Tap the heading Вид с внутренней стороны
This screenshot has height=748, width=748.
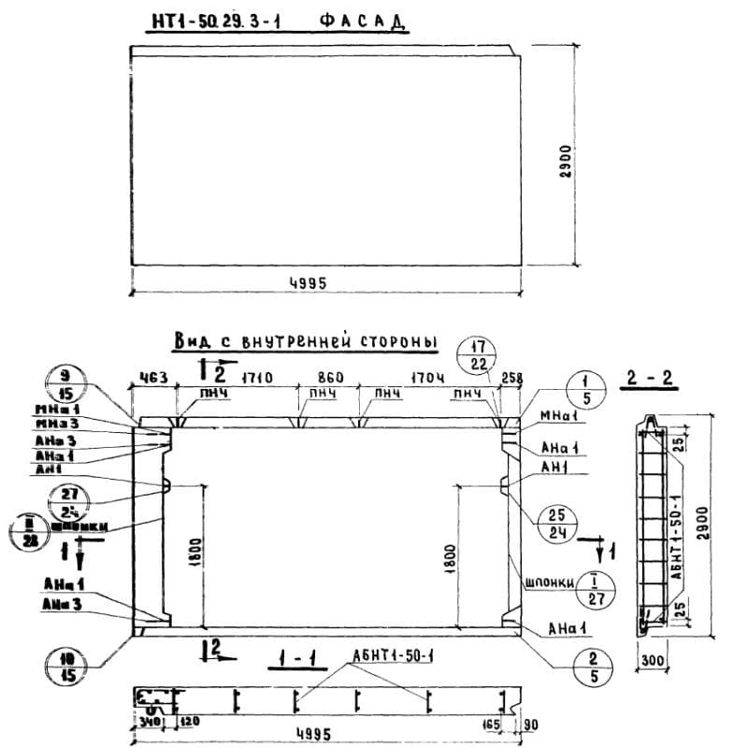pyautogui.click(x=305, y=342)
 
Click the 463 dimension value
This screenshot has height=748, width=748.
pyautogui.click(x=153, y=378)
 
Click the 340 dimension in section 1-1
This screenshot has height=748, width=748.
pyautogui.click(x=145, y=722)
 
